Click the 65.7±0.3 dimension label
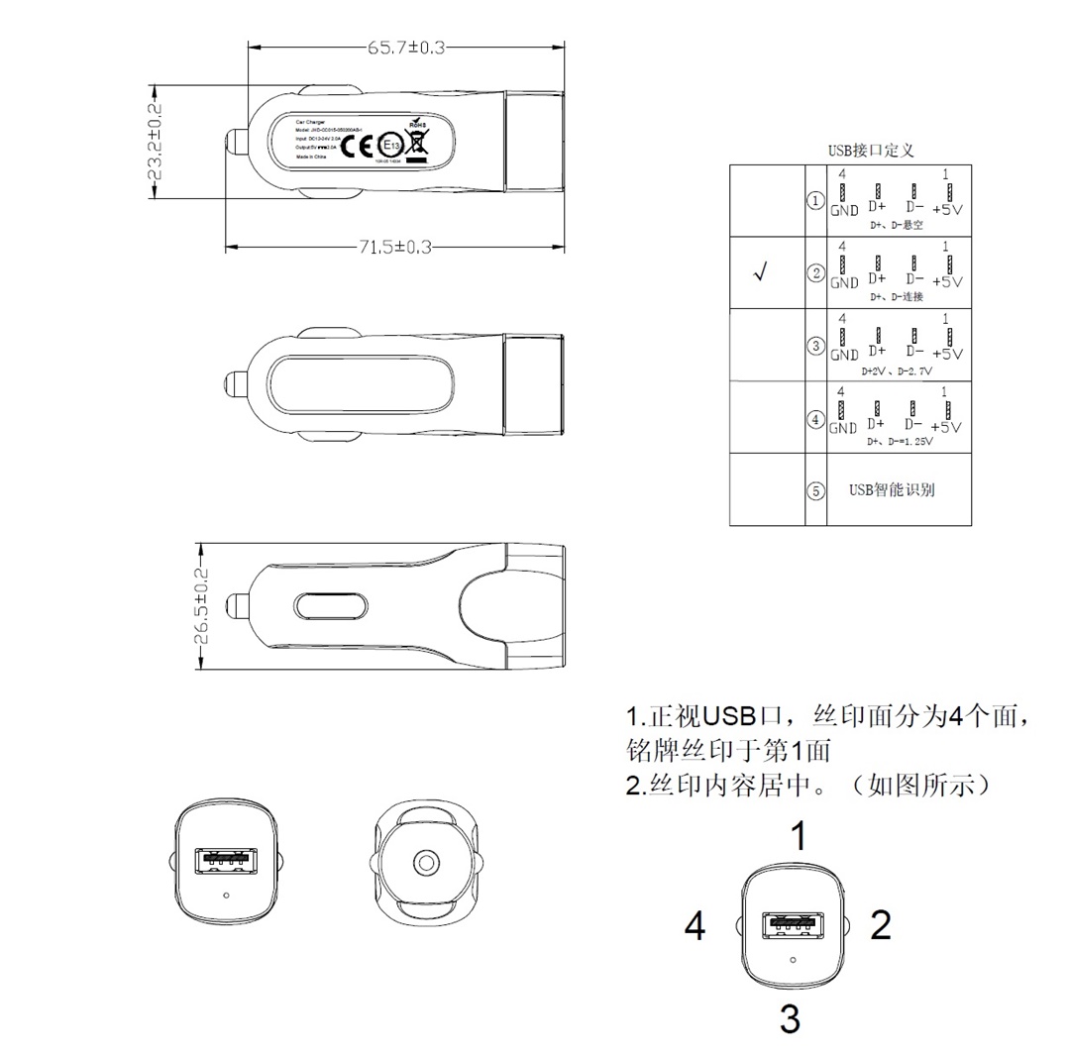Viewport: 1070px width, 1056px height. pyautogui.click(x=407, y=47)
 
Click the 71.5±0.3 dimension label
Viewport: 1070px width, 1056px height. pyautogui.click(x=394, y=247)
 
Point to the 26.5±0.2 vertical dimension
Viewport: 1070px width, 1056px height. pyautogui.click(x=201, y=605)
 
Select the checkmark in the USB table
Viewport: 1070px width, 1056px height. pyautogui.click(x=760, y=274)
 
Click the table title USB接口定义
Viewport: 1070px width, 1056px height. pyautogui.click(x=870, y=151)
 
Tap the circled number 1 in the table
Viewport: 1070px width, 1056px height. pyautogui.click(x=815, y=201)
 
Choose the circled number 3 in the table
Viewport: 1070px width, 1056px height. pyautogui.click(x=815, y=346)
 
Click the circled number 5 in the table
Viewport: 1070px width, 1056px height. pyautogui.click(x=815, y=490)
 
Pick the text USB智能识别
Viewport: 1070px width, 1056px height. pyautogui.click(x=892, y=489)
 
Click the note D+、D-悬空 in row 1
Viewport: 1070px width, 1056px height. pyautogui.click(x=896, y=225)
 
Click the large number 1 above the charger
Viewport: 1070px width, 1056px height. pyautogui.click(x=798, y=837)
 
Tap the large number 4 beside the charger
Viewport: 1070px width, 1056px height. pyautogui.click(x=695, y=927)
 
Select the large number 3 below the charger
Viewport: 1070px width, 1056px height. pyautogui.click(x=790, y=1018)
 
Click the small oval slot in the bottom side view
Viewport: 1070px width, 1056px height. pyautogui.click(x=331, y=606)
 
